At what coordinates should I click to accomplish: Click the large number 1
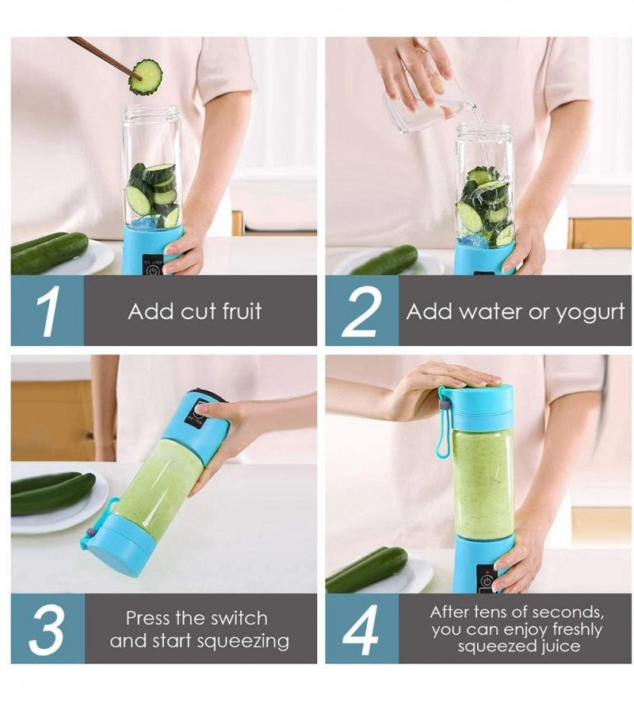coord(47,311)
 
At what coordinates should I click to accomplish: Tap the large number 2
coord(361,311)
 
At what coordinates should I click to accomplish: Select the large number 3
coord(47,629)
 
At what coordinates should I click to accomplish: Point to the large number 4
coord(361,629)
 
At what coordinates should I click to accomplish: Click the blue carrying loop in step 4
coord(443,428)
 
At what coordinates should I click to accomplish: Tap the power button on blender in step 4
coord(485,582)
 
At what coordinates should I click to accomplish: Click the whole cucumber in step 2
coord(384,260)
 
